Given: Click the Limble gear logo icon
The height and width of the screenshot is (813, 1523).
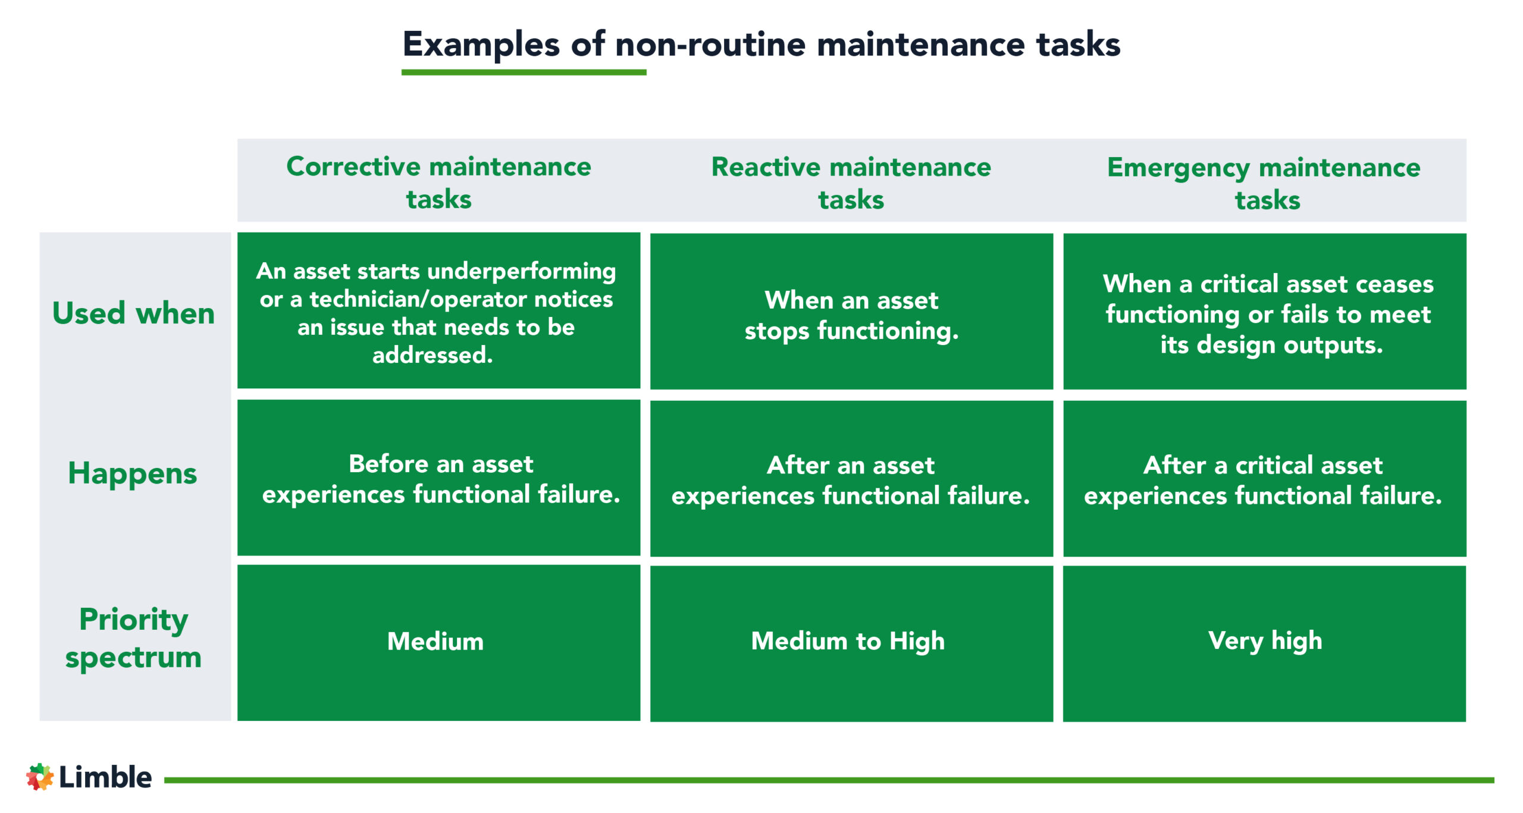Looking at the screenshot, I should [x=39, y=777].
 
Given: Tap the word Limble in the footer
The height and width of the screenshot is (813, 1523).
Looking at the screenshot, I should [x=105, y=777].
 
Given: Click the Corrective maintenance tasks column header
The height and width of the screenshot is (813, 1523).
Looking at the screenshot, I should [x=438, y=182].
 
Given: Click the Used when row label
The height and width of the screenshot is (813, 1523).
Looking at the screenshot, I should [x=133, y=313].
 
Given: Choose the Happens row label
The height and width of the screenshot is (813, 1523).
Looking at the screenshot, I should [x=132, y=473].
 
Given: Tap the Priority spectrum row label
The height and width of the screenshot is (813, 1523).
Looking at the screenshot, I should [x=133, y=638].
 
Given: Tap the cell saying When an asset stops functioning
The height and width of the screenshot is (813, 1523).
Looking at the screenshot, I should [x=851, y=315].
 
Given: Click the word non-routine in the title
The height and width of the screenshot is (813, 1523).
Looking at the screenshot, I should [x=710, y=45].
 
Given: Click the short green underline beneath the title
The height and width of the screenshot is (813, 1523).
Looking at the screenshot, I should [x=524, y=73].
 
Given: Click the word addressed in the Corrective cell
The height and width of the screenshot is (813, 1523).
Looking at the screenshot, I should [x=433, y=355].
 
